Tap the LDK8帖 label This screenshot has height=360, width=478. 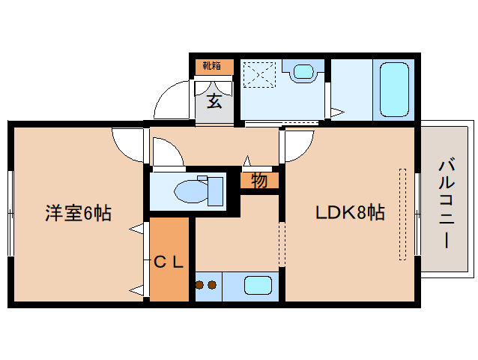coord(349,213)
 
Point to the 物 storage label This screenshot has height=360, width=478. coord(259,181)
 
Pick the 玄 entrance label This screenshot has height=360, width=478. coord(214,100)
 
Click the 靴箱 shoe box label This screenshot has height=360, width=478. coord(214,66)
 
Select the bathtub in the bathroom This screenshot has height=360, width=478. coord(394,89)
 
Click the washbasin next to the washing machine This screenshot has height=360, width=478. coord(303,73)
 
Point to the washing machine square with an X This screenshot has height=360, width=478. coord(261,74)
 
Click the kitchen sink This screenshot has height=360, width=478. coord(258,286)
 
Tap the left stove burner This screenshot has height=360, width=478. coord(200,285)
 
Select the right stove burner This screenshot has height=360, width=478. coord(212,285)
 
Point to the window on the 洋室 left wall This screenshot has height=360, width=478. coord(10,213)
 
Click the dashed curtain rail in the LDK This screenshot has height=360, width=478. coord(402,214)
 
